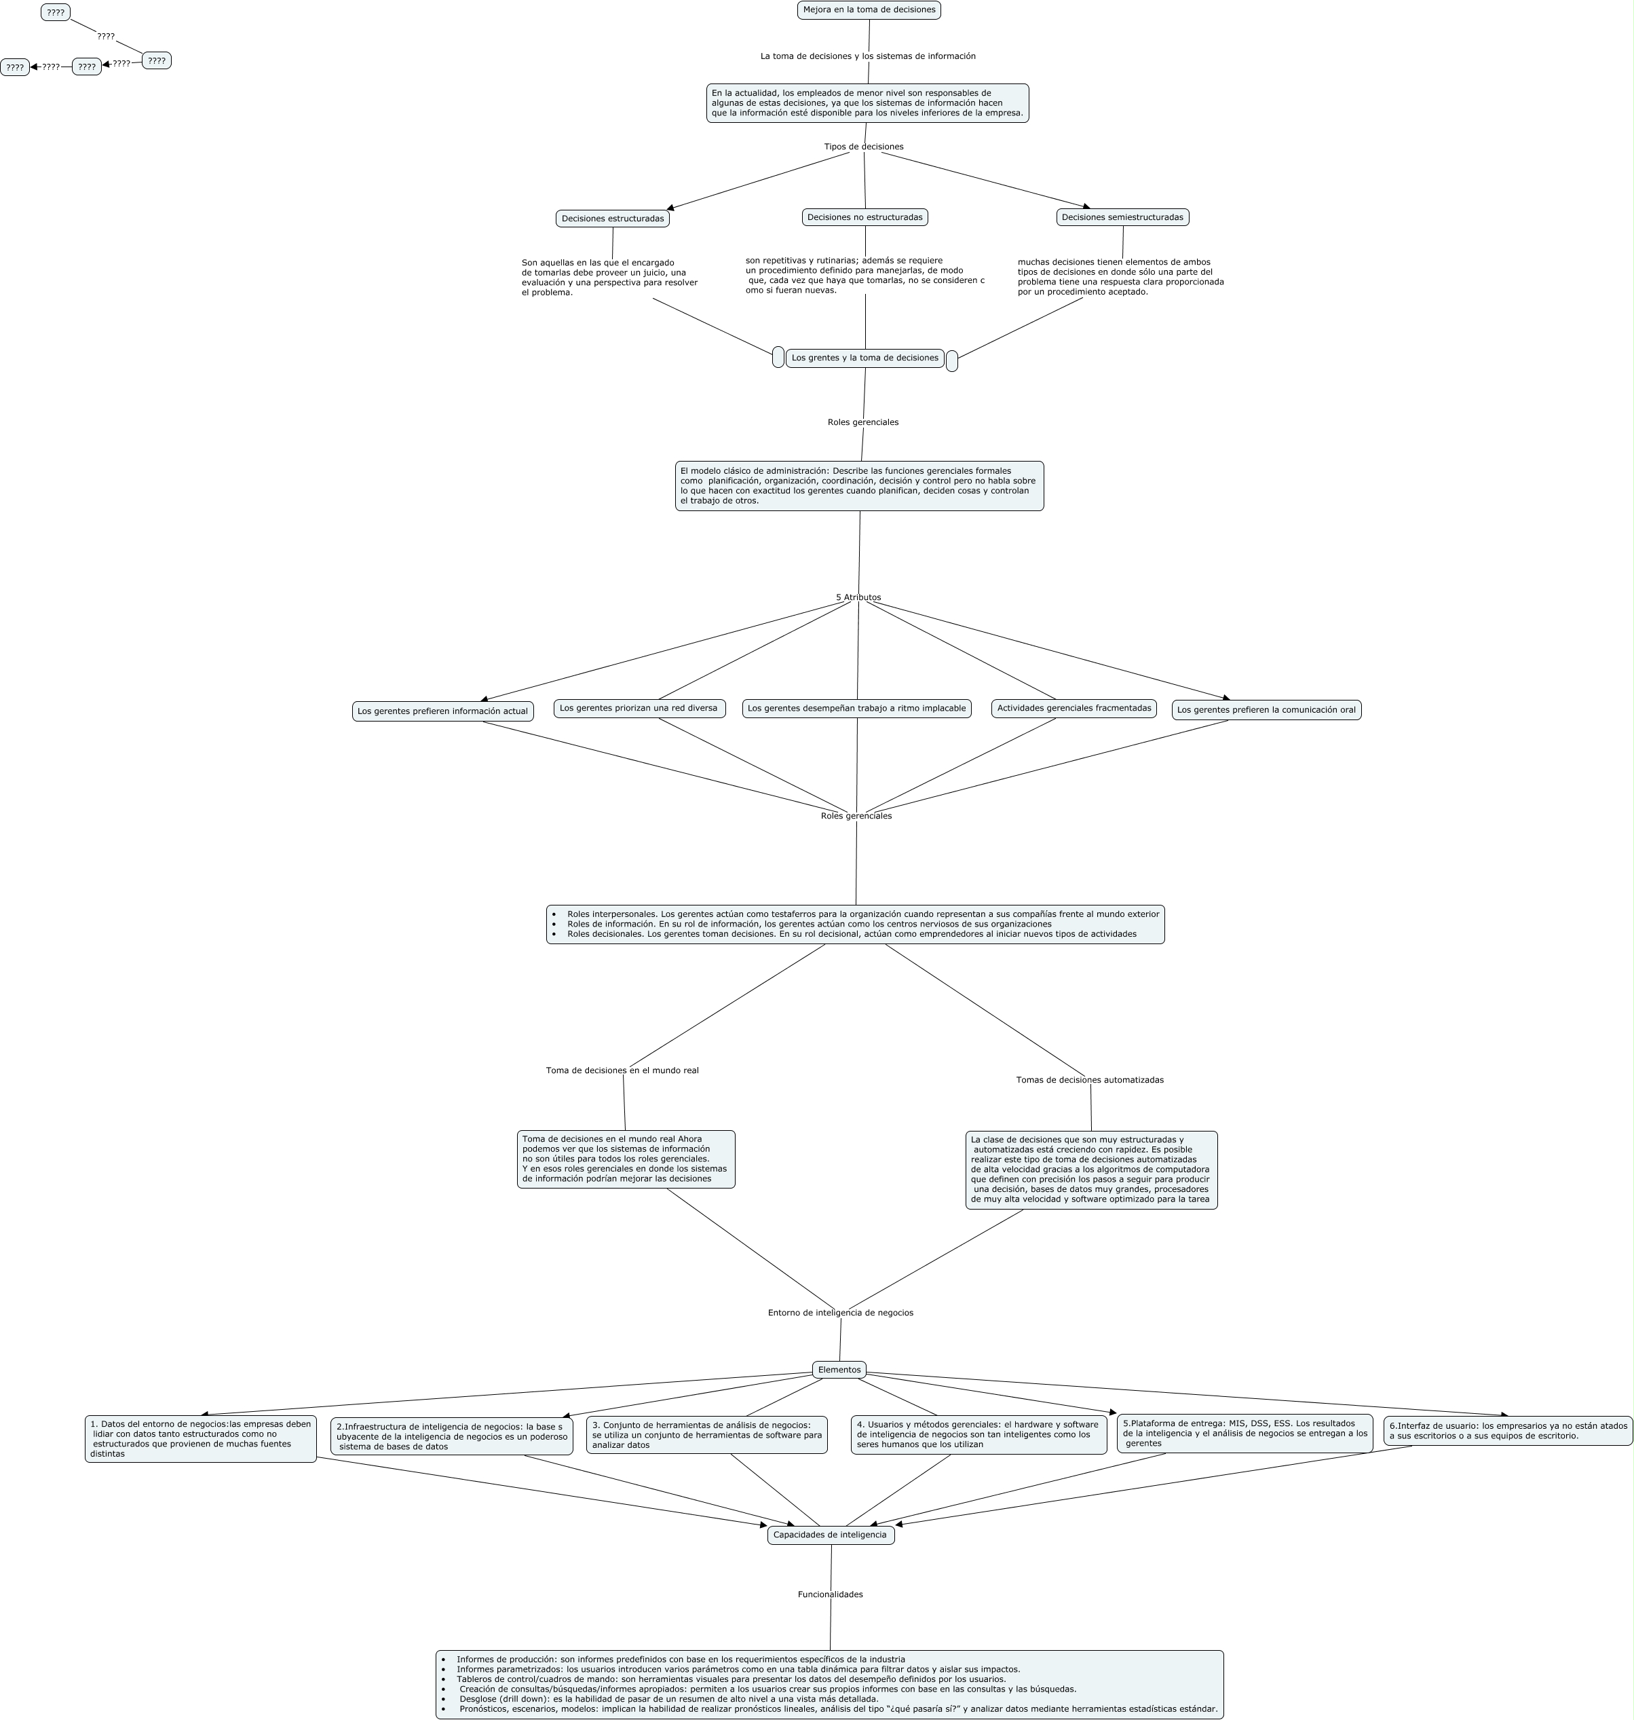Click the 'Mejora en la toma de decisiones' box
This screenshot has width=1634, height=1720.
coord(869,10)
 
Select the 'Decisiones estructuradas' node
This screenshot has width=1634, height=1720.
coord(612,219)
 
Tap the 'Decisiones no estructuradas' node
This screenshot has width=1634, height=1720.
coord(864,217)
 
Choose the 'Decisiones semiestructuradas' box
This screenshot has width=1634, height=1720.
coord(1122,217)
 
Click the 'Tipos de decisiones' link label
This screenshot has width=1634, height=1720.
coord(863,147)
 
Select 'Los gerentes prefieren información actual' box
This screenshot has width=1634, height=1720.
coord(442,711)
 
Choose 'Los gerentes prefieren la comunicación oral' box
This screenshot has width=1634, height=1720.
coord(1266,710)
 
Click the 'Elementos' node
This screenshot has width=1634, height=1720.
coord(839,1370)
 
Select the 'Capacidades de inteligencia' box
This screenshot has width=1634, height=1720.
coord(830,1535)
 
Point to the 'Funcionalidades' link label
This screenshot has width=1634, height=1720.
coord(830,1594)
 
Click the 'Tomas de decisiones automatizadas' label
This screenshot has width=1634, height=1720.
coord(1088,1079)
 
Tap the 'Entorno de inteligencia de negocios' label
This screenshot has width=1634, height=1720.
coord(839,1312)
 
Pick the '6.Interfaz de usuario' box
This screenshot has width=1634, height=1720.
coord(1507,1431)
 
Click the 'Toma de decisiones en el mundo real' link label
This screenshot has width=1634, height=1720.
coord(622,1070)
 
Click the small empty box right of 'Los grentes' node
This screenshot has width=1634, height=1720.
coord(951,360)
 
